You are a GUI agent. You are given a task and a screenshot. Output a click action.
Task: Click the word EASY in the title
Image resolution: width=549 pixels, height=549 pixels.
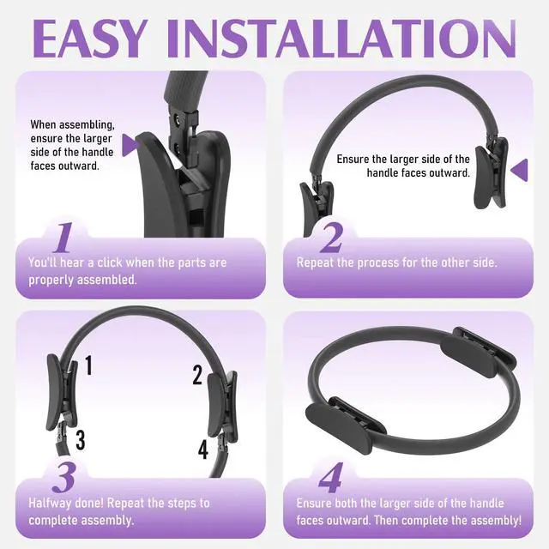(89, 39)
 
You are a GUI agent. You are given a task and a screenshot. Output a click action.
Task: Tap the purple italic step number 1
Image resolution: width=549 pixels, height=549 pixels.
(63, 238)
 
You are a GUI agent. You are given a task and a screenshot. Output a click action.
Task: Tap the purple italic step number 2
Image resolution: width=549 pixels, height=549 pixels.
(331, 238)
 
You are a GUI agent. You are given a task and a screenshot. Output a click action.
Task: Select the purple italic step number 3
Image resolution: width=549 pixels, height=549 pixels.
(64, 478)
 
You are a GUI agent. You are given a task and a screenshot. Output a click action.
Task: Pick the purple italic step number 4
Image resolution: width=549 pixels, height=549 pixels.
(331, 478)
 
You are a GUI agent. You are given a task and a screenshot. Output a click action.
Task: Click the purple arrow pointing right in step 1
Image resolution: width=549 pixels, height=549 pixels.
(130, 145)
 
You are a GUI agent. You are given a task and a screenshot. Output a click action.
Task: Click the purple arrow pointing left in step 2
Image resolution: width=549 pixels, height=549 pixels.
(519, 170)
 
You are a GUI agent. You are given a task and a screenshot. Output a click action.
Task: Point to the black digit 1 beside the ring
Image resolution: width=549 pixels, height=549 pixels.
(89, 365)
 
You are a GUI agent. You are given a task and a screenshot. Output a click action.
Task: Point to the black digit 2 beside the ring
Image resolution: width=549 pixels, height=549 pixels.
(197, 375)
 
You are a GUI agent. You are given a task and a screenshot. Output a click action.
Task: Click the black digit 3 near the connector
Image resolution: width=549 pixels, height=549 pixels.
(81, 440)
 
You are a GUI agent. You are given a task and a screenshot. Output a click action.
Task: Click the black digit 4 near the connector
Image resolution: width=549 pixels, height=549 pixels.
(203, 449)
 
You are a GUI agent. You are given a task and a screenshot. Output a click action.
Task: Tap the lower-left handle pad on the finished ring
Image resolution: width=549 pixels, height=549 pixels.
(339, 429)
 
